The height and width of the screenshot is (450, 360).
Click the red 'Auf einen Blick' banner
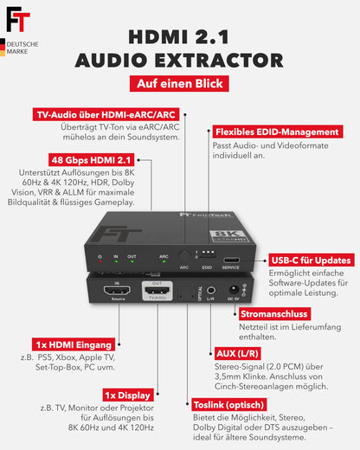[180, 84]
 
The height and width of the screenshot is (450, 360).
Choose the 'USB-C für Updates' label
[312, 260]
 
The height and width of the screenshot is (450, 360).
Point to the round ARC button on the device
[183, 257]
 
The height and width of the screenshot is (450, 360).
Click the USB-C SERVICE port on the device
[232, 259]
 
